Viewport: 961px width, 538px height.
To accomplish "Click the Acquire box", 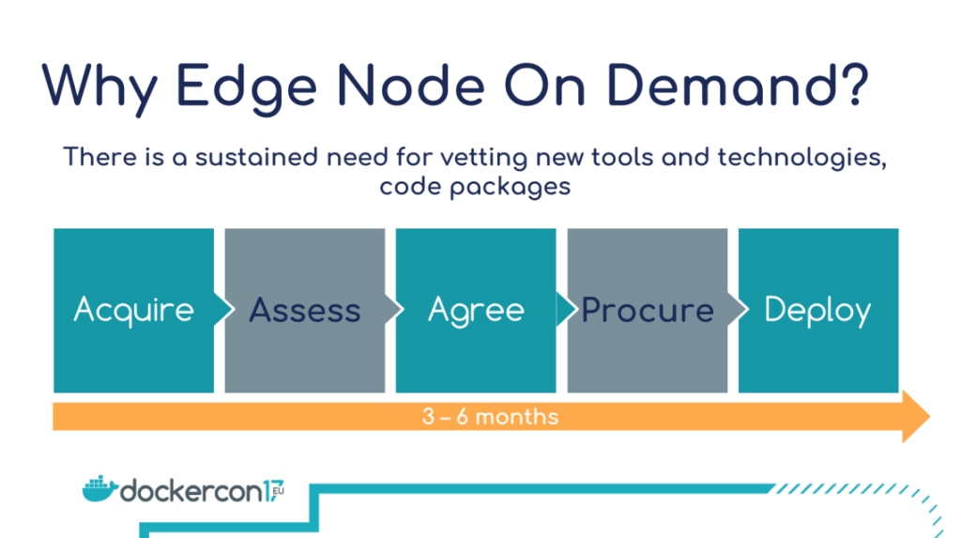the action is [133, 311].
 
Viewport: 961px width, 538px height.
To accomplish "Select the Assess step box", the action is [305, 311].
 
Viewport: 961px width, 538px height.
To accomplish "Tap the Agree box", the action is [476, 311].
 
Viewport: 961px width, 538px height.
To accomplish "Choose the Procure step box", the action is [648, 311].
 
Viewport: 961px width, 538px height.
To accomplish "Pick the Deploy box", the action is [818, 311].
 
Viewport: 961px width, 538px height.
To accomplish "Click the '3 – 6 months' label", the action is [490, 417].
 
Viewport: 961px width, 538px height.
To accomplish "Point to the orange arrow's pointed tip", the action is [930, 417].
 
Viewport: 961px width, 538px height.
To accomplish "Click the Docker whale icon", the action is [99, 488].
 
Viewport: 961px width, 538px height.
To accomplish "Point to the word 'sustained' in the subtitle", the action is [257, 157].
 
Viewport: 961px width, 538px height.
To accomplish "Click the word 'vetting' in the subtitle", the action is [483, 159].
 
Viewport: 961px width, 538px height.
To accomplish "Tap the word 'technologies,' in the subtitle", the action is [802, 159].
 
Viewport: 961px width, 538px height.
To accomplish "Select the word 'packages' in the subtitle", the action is [510, 187].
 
